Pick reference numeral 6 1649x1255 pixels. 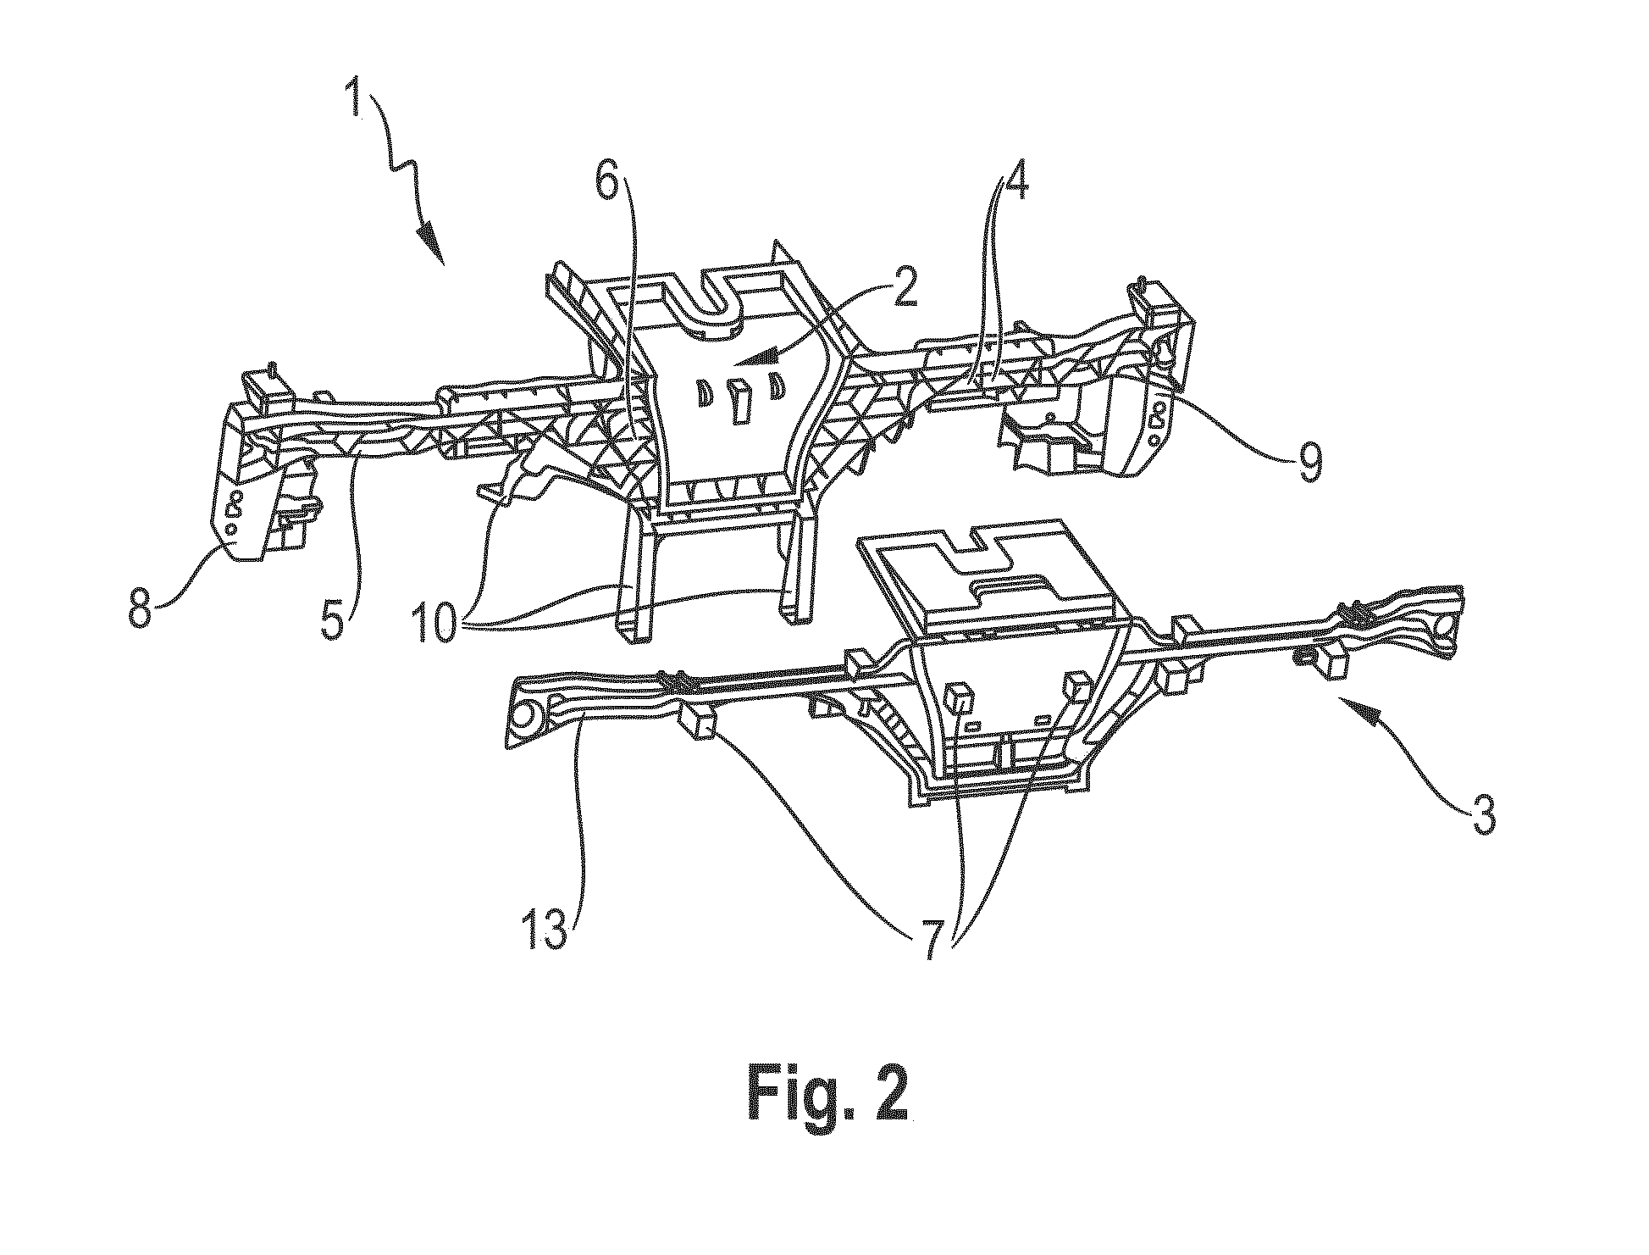(607, 175)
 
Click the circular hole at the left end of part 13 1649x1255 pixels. (527, 716)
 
